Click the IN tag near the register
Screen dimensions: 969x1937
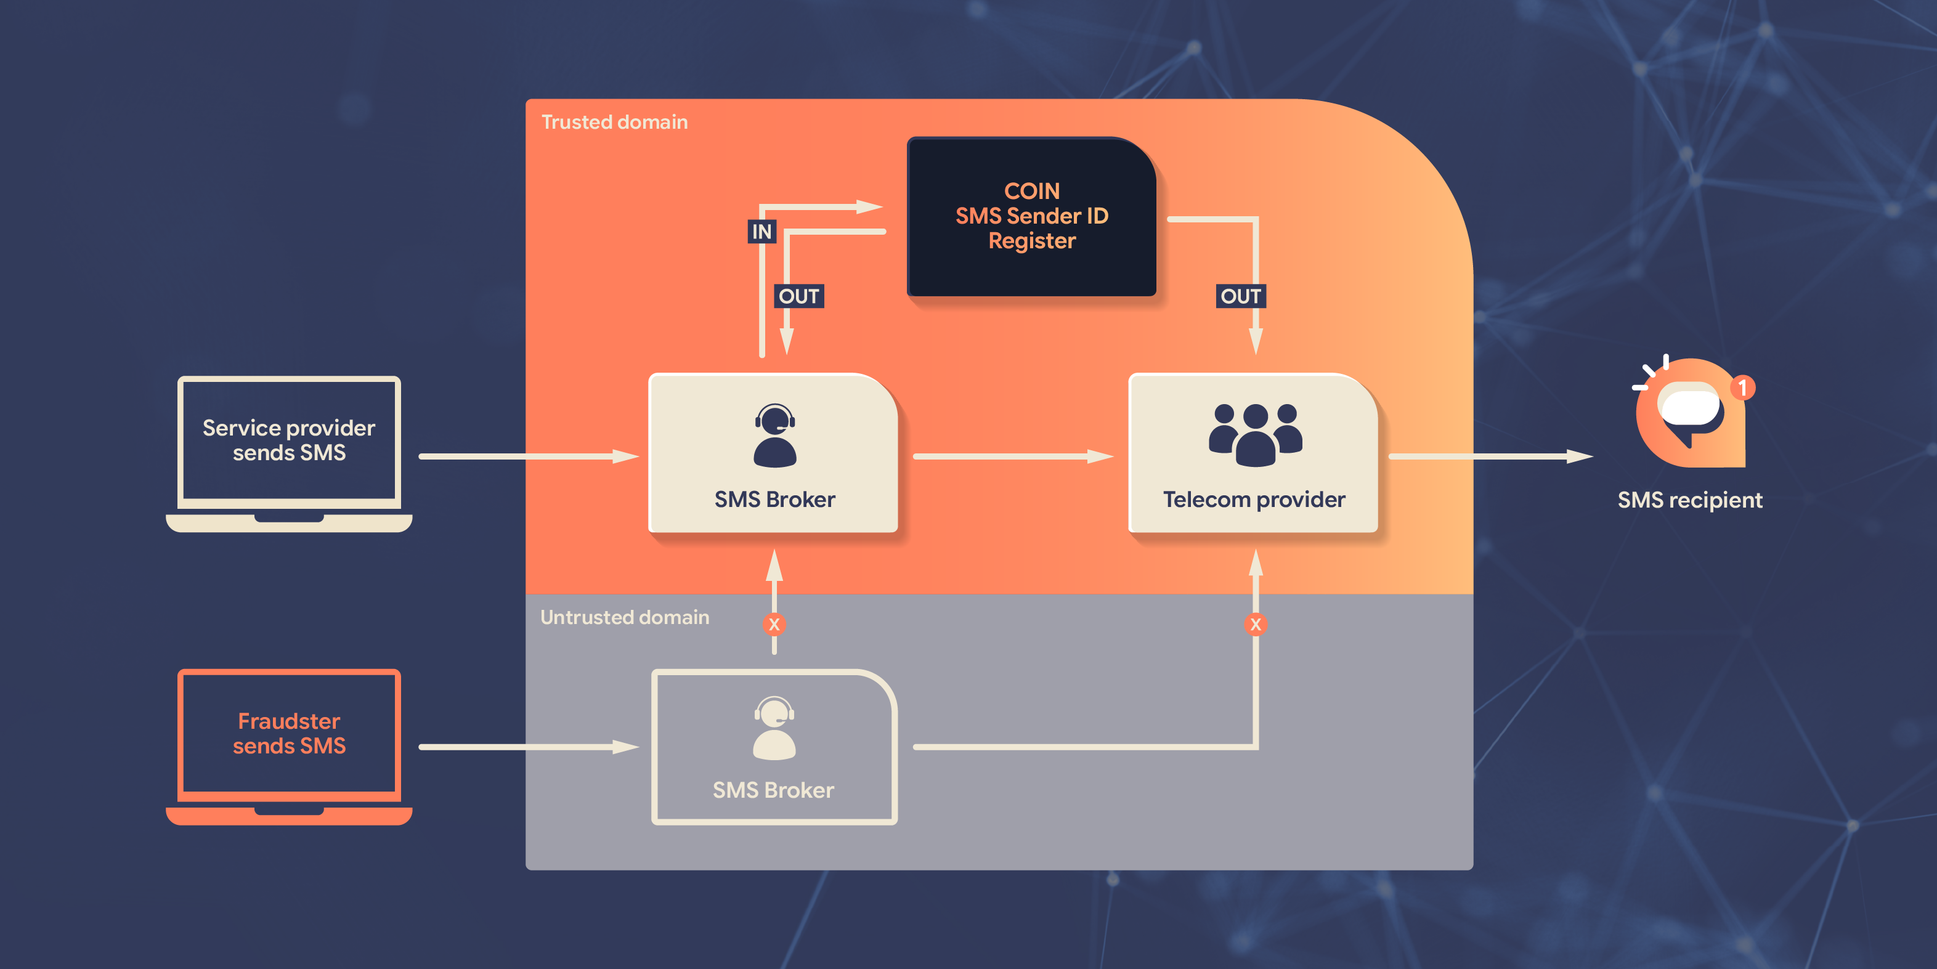pos(761,232)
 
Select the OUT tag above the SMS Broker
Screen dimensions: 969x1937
pos(798,296)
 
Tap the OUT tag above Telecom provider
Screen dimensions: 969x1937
pos(1241,296)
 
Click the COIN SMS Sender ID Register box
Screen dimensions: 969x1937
pos(1032,216)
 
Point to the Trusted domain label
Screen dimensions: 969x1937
pos(614,123)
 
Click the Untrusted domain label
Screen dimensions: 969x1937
pos(624,617)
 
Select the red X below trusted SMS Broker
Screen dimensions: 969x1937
pos(774,624)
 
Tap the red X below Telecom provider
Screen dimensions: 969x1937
pos(1255,624)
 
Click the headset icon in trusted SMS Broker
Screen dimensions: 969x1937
pos(774,436)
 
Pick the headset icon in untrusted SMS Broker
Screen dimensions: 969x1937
pos(774,728)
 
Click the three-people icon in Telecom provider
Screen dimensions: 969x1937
pos(1255,434)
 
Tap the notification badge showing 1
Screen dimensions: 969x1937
pos(1742,388)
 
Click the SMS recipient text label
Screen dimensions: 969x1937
pos(1689,500)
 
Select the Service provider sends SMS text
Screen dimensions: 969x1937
pos(289,440)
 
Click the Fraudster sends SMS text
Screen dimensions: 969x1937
pos(289,733)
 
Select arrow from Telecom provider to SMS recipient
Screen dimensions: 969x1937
pos(1489,456)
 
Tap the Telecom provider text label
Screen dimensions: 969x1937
pos(1254,500)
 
